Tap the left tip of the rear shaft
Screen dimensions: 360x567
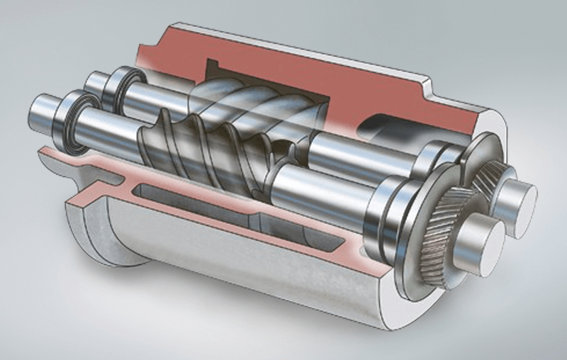(x=90, y=79)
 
